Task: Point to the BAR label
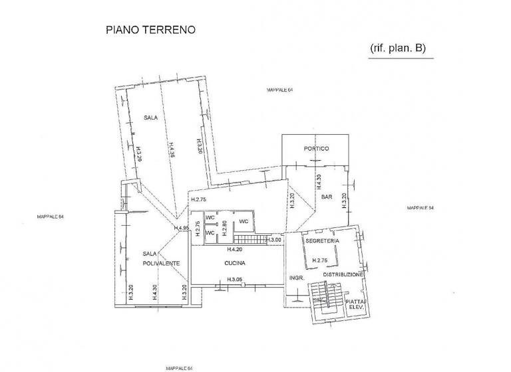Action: [x=326, y=197]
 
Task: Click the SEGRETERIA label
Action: [x=322, y=240]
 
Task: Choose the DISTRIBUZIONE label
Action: [x=343, y=274]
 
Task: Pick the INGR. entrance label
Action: [x=296, y=278]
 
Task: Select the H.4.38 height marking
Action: [x=170, y=149]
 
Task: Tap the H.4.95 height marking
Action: [x=182, y=229]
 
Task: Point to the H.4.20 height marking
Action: [x=234, y=250]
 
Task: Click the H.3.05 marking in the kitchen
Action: [x=234, y=279]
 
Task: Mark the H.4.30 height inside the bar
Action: [x=319, y=182]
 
